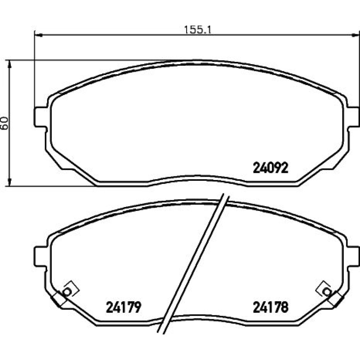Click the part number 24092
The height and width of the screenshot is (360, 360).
[x=270, y=168]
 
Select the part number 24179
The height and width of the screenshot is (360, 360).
[x=123, y=307]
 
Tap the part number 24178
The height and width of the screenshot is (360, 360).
[x=270, y=307]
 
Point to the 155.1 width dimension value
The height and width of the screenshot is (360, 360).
[x=197, y=30]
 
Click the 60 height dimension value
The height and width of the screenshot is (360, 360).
[x=5, y=123]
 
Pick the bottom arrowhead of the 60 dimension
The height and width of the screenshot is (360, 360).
[x=9, y=182]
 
